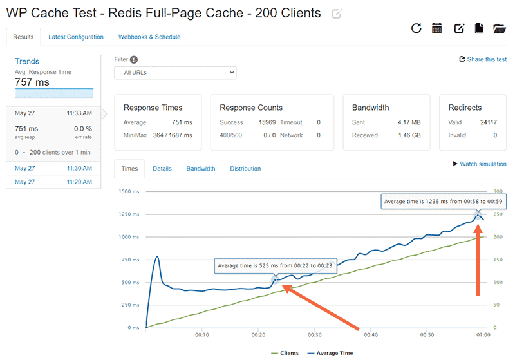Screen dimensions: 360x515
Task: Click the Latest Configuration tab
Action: coord(76,37)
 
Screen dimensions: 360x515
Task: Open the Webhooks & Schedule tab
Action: coord(149,37)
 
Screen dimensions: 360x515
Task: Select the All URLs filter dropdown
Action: coord(175,73)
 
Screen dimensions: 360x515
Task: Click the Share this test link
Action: coord(482,59)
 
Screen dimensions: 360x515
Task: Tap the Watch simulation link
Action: coord(480,164)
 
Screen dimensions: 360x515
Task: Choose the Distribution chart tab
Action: coord(245,169)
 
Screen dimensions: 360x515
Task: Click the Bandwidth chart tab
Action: coord(201,169)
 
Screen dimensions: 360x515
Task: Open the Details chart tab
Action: coord(162,169)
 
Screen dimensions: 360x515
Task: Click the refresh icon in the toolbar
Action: coord(416,28)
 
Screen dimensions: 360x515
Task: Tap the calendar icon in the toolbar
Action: coord(437,28)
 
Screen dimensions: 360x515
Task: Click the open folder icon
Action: coord(499,28)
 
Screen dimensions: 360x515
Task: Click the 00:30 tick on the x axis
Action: coord(315,335)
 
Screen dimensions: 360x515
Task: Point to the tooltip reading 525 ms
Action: coord(276,265)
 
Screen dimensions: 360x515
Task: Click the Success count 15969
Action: coord(267,122)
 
